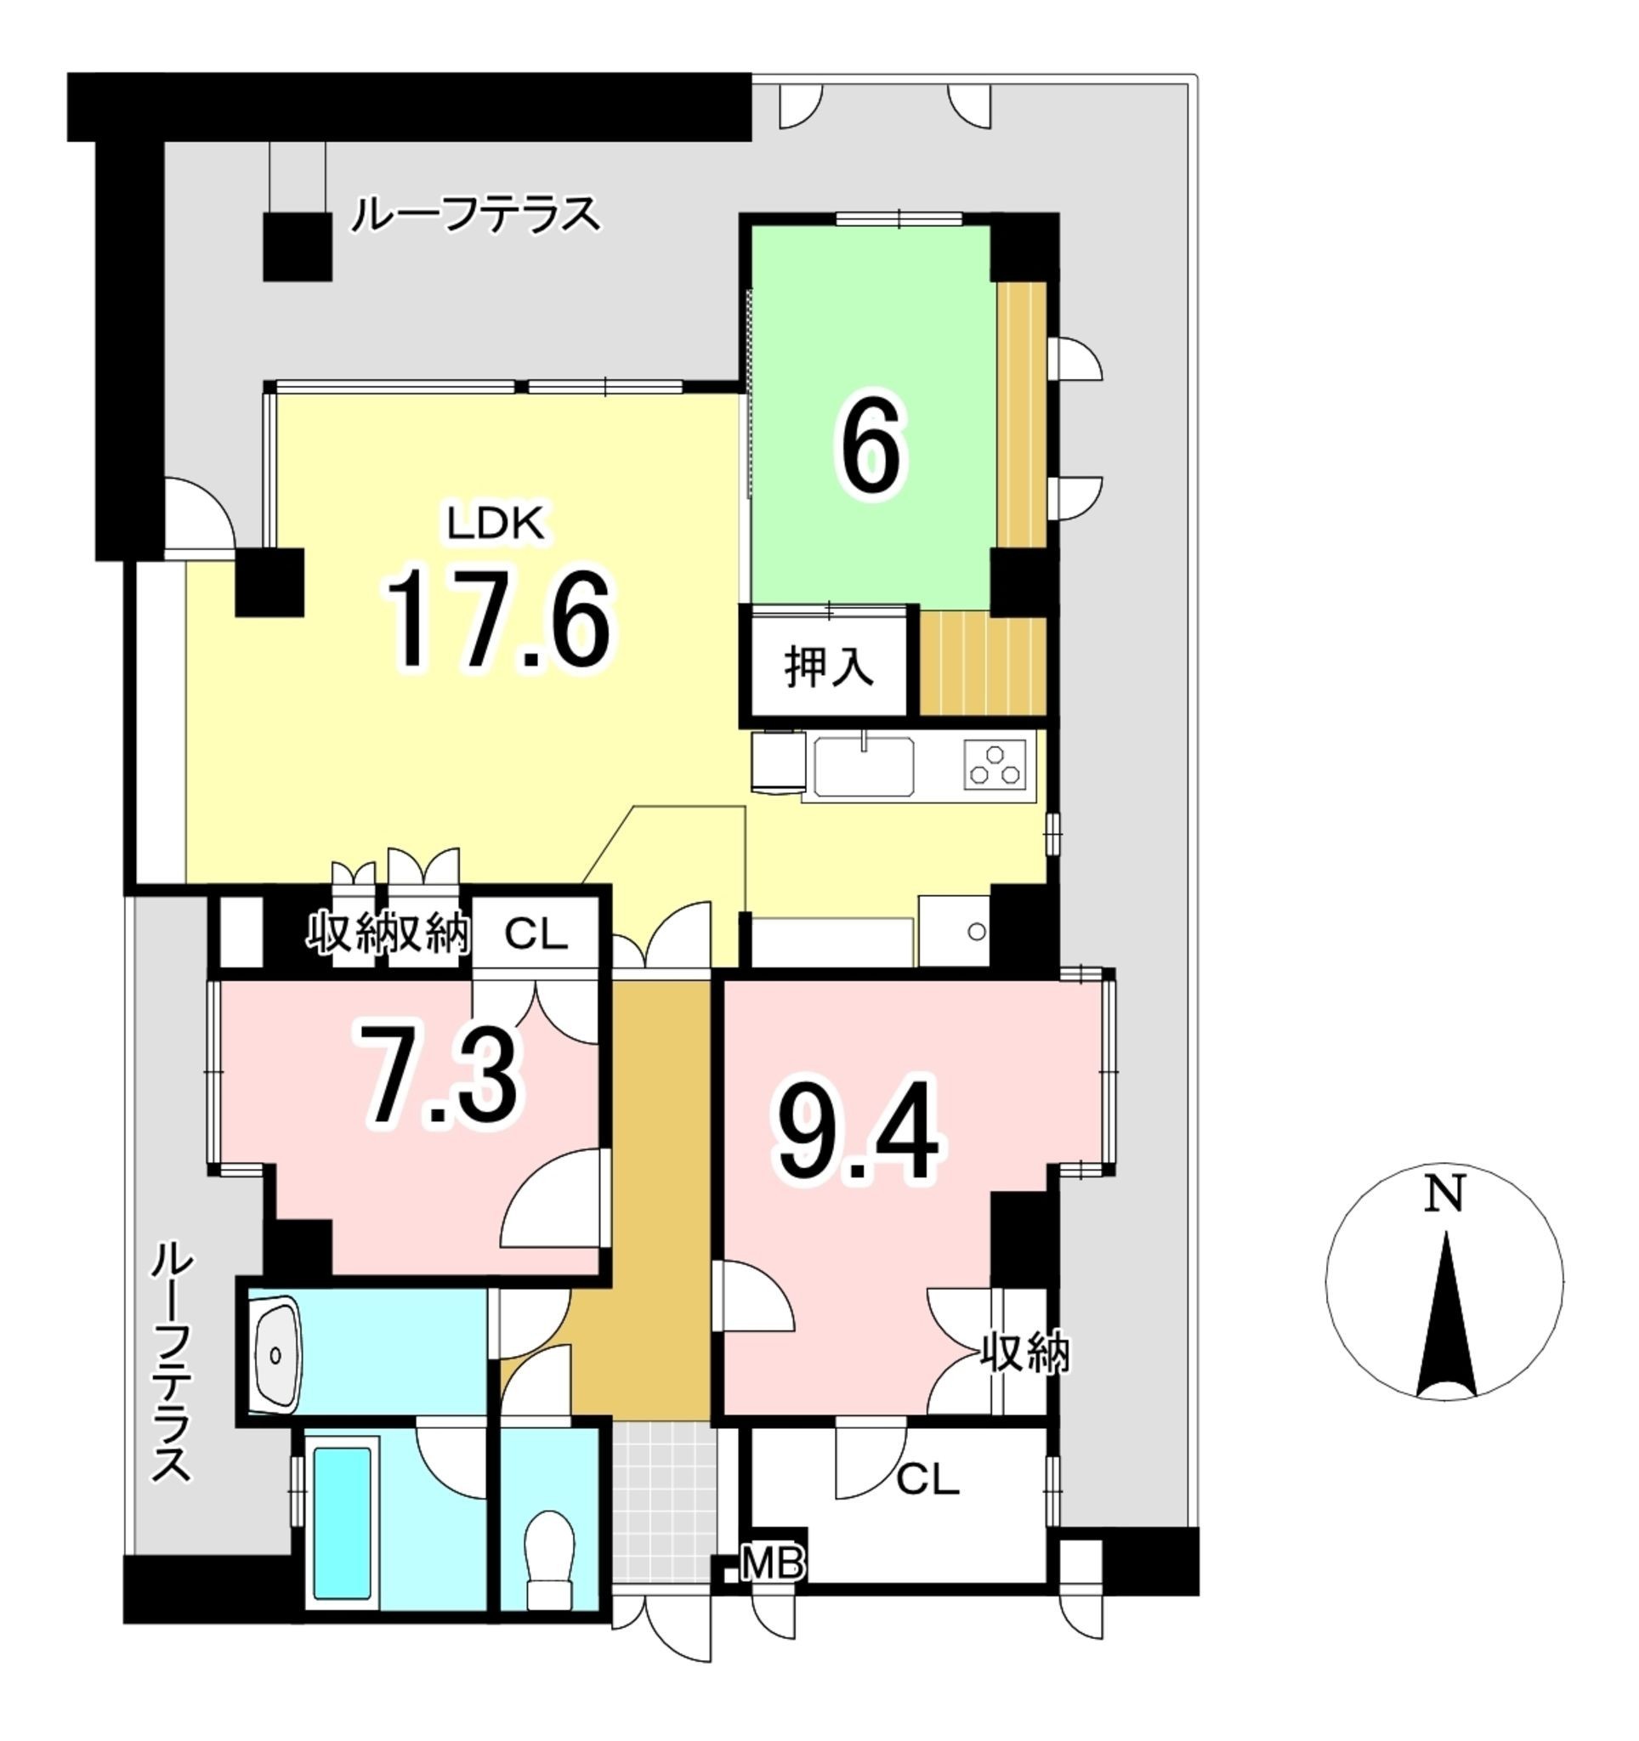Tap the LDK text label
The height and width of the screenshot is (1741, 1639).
point(496,525)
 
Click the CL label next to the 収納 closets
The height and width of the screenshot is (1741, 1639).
point(536,935)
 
